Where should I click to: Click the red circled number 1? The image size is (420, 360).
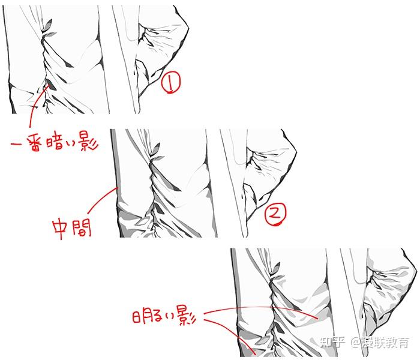pos(170,82)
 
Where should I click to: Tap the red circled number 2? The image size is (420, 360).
pos(275,214)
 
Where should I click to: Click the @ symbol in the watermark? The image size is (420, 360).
pos(355,343)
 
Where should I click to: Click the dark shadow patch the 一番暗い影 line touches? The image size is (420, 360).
pos(50,85)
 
